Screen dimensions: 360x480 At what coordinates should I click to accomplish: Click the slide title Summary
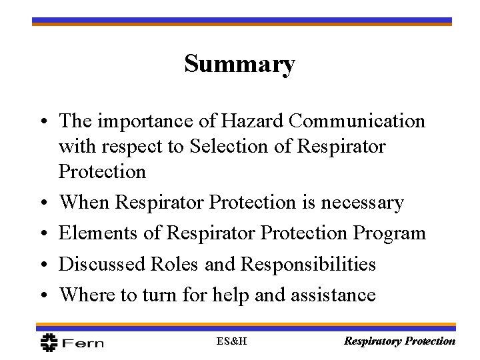[x=239, y=65]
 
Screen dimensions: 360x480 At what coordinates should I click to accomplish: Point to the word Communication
[x=361, y=121]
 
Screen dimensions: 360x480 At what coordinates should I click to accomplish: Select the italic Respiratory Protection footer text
[x=399, y=341]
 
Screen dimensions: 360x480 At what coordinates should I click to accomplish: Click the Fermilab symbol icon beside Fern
[x=49, y=341]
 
